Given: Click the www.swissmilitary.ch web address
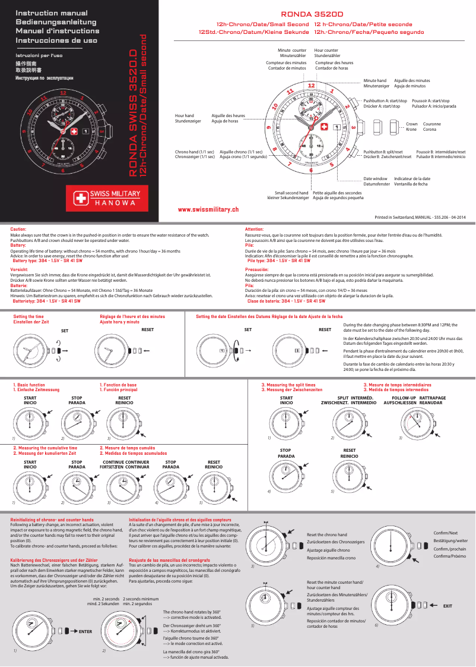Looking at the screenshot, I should (208, 209).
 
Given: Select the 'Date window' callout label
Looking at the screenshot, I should (375, 178).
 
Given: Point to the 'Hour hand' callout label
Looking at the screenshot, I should (184, 115).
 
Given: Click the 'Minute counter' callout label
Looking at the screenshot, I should (292, 51).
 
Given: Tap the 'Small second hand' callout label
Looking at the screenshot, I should (291, 193).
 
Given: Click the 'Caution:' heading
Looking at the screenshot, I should (18, 229).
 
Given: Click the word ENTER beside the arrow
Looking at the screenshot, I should (85, 631).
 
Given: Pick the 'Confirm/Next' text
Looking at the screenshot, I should (446, 533).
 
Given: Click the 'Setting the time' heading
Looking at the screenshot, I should (28, 317).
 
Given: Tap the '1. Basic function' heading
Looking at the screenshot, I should (29, 385).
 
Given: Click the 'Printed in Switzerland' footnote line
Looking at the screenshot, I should (420, 218).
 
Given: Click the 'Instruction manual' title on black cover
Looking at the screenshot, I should (52, 12).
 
